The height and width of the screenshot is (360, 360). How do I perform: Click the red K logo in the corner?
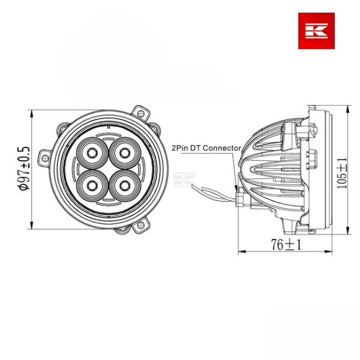[x=316, y=31]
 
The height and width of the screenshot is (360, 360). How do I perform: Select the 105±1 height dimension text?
[x=341, y=173]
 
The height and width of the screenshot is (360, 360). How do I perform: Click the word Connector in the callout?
[x=222, y=148]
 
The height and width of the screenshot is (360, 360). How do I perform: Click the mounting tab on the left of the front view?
[x=44, y=157]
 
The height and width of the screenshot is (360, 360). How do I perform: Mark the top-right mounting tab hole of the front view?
[x=141, y=112]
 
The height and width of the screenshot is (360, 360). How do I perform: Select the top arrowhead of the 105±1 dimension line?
[x=349, y=108]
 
